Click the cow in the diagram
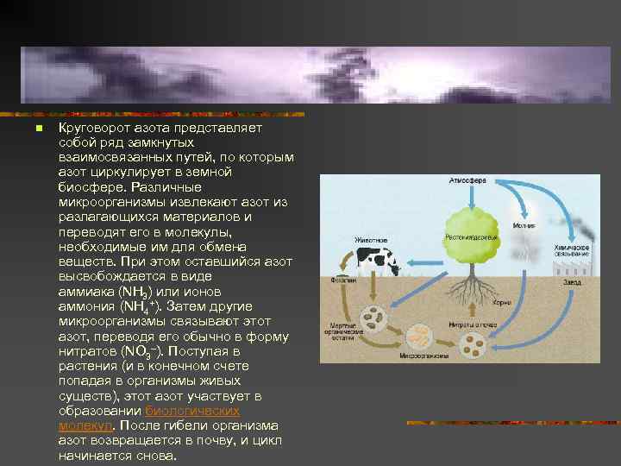377,261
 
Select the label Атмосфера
467,181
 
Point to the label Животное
371,239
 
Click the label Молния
524,225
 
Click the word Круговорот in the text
88,127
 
